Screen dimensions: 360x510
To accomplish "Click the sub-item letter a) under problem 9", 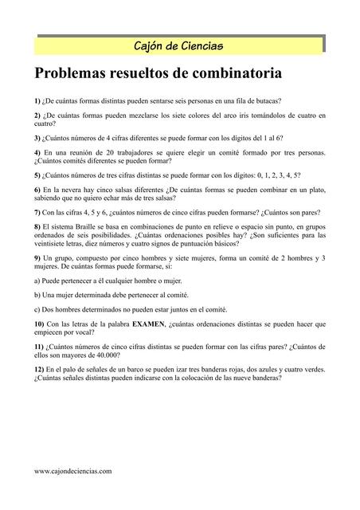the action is pos(37,280).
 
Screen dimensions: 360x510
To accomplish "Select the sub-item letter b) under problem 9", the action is pos(37,295).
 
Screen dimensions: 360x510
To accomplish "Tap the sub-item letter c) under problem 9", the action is pos(37,309).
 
